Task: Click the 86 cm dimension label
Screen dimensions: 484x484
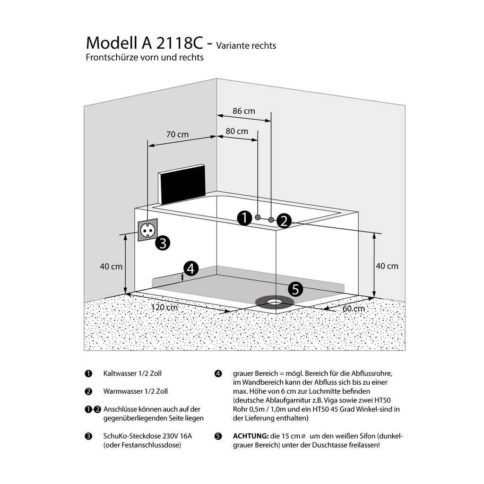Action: tap(243, 112)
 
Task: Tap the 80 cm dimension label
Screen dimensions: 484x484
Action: tap(236, 131)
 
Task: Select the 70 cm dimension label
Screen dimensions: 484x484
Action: tap(177, 135)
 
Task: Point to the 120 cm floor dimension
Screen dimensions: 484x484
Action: tap(164, 308)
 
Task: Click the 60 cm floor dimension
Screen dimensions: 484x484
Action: tap(354, 309)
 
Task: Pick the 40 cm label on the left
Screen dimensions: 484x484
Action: tap(111, 267)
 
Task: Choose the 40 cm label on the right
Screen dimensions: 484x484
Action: tap(387, 266)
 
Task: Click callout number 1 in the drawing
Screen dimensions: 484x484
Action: tap(244, 218)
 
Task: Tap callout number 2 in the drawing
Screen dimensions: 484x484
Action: tap(284, 221)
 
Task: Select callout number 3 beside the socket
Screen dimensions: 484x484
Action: tap(163, 243)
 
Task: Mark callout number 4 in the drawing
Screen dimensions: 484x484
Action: tap(190, 269)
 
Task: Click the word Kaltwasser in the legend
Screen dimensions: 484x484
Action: tap(119, 373)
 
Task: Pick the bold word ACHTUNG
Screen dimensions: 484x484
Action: tap(251, 436)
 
